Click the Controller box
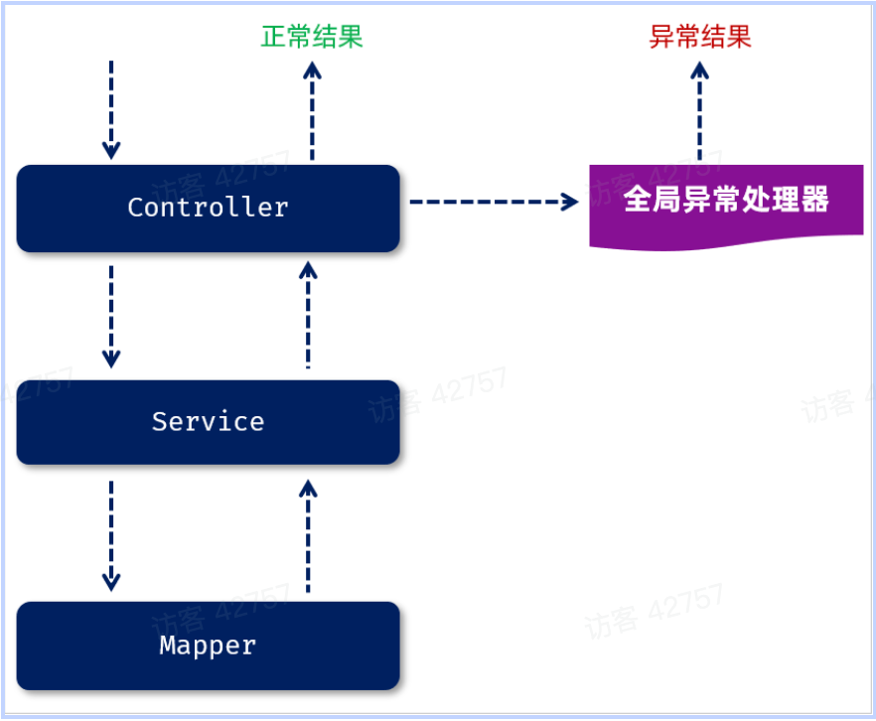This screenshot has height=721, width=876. click(208, 208)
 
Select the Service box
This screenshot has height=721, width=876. click(208, 422)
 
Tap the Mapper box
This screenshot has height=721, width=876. click(208, 646)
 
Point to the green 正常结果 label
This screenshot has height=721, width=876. click(312, 38)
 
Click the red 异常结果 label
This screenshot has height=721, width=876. click(700, 38)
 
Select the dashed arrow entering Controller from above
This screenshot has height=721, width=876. click(111, 109)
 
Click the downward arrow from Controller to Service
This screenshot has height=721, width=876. click(111, 316)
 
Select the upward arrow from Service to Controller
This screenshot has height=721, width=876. click(308, 316)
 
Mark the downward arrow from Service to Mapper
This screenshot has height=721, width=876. click(111, 534)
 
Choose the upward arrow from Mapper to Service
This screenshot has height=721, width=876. click(308, 536)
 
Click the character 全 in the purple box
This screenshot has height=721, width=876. click(637, 200)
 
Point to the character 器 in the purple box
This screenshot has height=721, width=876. click(815, 200)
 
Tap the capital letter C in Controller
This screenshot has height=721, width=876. click(135, 208)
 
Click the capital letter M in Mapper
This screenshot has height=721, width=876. click(168, 646)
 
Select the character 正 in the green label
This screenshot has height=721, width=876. click(273, 38)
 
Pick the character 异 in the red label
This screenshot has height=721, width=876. click(661, 38)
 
